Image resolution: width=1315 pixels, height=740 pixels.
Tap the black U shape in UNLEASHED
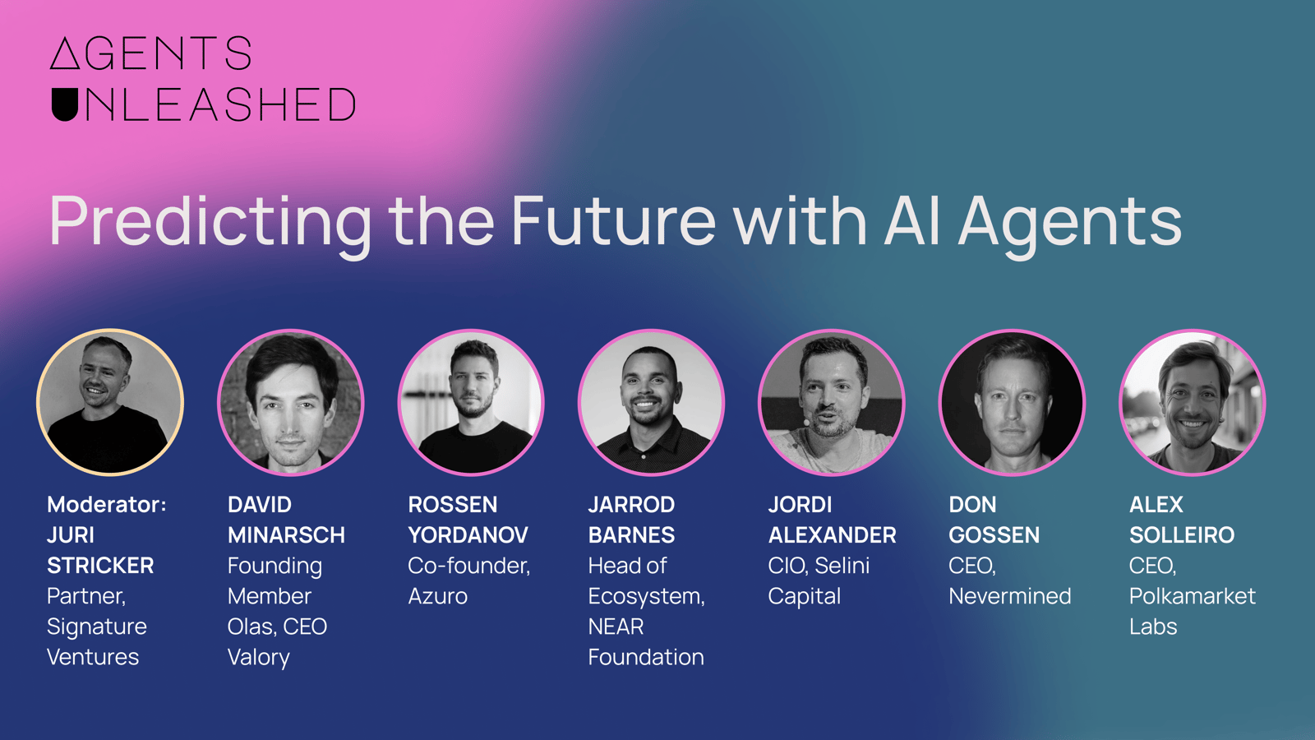65,104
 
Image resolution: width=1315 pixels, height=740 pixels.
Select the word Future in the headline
614,221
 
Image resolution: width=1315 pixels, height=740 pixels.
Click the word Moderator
107,505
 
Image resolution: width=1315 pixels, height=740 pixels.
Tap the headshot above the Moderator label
110,402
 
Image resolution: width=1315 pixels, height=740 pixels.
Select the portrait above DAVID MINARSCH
291,402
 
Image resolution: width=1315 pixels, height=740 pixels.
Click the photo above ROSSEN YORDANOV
471,402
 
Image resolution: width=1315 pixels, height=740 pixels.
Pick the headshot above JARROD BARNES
651,402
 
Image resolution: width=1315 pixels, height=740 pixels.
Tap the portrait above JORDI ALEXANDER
831,402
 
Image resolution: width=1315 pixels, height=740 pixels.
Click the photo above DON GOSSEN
1012,402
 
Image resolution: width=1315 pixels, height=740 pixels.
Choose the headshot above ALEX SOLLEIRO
1193,402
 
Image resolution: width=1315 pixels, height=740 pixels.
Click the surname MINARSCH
287,535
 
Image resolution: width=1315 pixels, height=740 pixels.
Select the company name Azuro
438,596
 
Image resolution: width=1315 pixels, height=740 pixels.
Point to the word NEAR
616,627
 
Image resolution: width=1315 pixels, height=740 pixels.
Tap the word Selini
842,566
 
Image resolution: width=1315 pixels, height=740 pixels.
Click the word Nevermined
1010,596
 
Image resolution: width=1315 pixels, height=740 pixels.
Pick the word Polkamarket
1193,596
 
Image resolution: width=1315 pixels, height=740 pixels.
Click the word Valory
259,658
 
